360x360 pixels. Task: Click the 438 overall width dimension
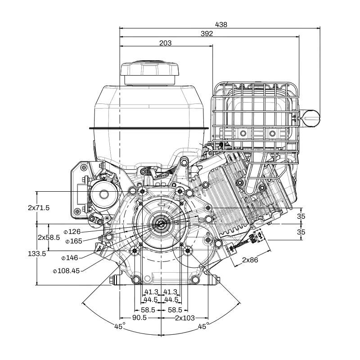pos(221,25)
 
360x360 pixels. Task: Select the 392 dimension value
pos(207,34)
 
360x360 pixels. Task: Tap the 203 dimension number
pos(165,43)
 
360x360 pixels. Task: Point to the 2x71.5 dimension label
pos(39,208)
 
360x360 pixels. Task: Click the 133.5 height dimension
pos(37,254)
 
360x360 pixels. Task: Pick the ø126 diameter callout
pos(72,232)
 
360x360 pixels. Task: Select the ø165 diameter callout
pos(74,241)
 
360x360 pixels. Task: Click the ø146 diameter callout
pos(70,258)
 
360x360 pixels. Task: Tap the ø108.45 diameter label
pos(66,271)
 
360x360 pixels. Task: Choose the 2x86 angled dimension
pos(250,260)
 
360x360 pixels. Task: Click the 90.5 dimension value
pos(139,318)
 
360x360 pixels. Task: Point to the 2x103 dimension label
pos(185,318)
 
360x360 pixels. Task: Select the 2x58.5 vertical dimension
pos(49,238)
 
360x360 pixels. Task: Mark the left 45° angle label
pos(120,326)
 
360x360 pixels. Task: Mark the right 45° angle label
pos(203,326)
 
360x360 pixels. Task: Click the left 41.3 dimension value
pos(151,292)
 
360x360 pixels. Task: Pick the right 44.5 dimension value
pos(171,300)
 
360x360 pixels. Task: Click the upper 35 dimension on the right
pos(301,216)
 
